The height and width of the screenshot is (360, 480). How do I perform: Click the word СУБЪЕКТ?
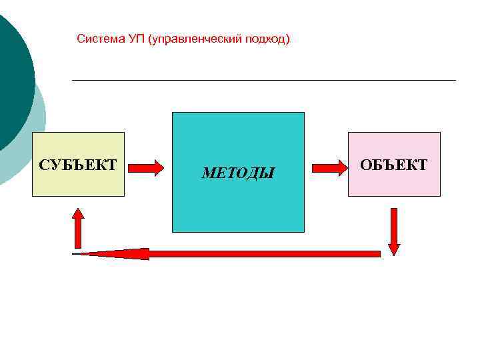[78, 165]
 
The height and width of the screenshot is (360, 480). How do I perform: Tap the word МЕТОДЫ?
[238, 173]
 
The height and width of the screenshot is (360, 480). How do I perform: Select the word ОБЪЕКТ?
[394, 165]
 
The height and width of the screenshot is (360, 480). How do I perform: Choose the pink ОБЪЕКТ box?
[394, 183]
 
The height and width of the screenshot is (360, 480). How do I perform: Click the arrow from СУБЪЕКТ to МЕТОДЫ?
[145, 167]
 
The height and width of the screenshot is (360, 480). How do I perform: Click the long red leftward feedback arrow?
[267, 253]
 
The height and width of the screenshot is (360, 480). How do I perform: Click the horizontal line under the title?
[263, 81]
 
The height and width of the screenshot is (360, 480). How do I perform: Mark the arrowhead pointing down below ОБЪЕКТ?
[393, 248]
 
